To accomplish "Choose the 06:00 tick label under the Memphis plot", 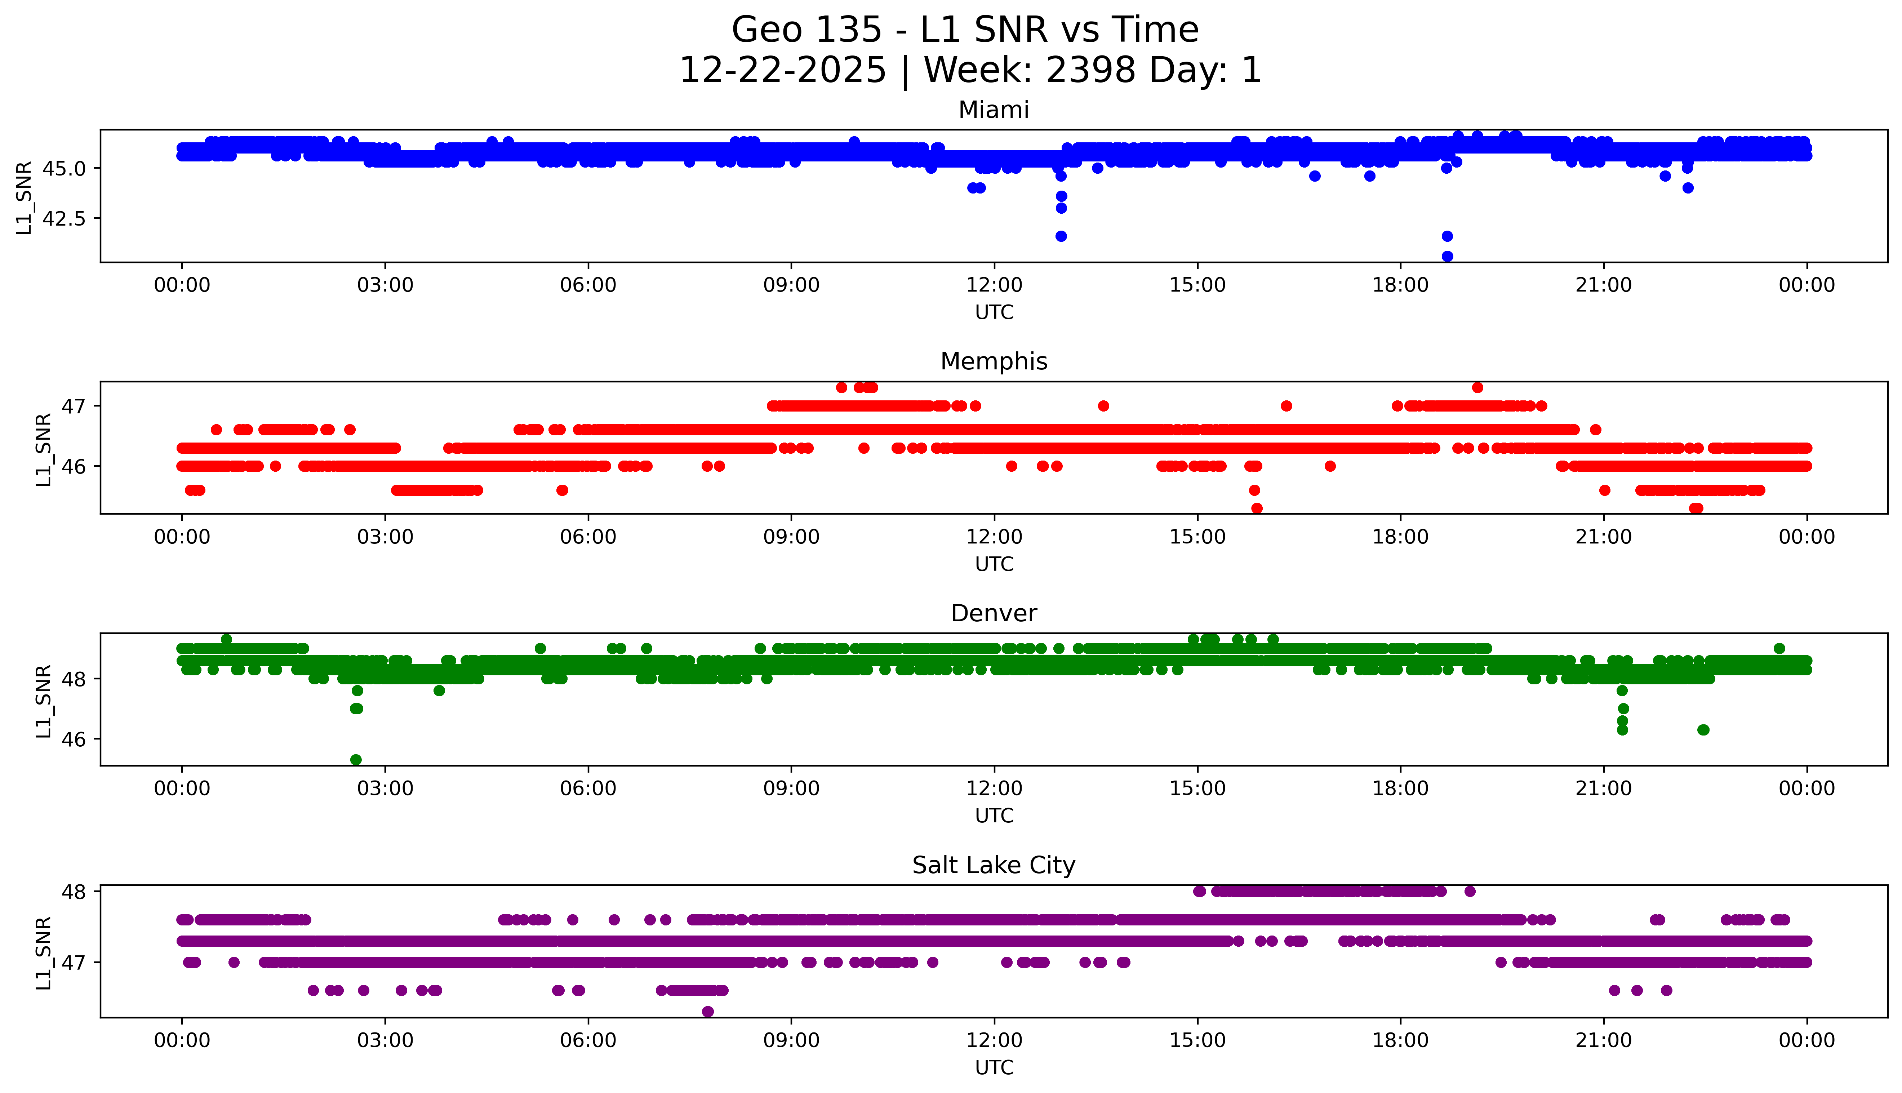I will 588,537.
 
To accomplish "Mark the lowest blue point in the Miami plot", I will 1447,256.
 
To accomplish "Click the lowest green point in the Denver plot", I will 356,760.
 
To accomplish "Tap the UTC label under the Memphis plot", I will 994,564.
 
